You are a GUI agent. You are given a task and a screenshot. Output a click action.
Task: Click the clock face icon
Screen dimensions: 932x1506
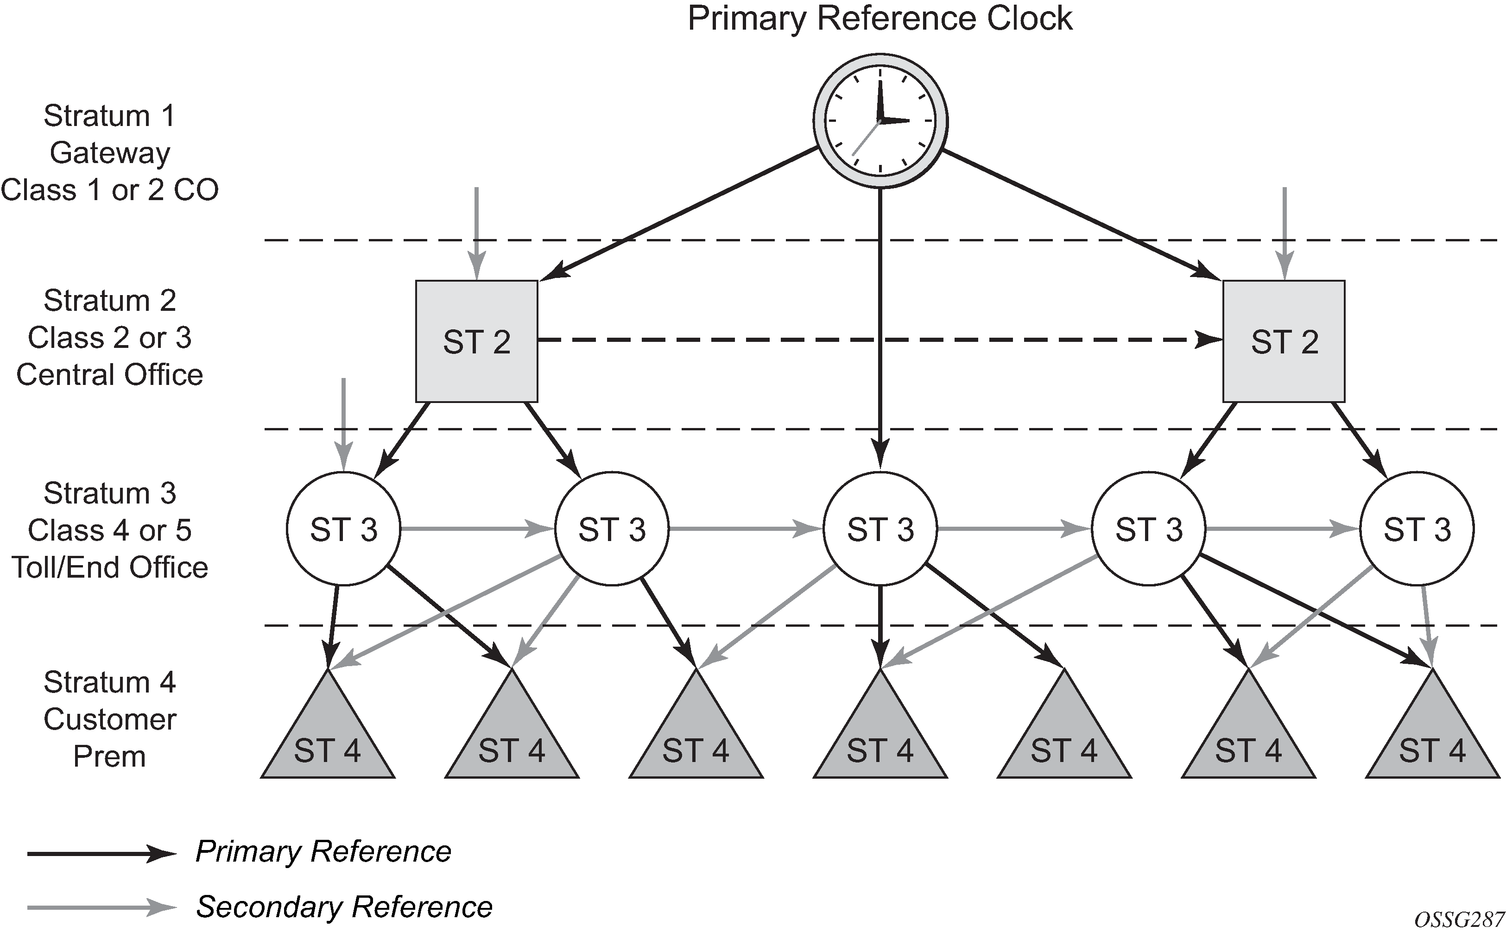pyautogui.click(x=880, y=121)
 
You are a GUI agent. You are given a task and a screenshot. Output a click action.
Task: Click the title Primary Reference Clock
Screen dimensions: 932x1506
pyautogui.click(x=880, y=19)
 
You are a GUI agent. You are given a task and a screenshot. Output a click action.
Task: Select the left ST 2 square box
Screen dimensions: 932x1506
pyautogui.click(x=476, y=341)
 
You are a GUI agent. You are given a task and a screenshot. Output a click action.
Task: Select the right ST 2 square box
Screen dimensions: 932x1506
pyautogui.click(x=1284, y=341)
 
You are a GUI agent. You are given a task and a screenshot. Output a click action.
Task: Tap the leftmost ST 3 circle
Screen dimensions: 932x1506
pyautogui.click(x=343, y=529)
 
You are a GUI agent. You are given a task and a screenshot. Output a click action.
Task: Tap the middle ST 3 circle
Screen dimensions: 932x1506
pyautogui.click(x=880, y=529)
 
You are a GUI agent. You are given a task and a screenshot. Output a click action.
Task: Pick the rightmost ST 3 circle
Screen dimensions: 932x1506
pyautogui.click(x=1417, y=529)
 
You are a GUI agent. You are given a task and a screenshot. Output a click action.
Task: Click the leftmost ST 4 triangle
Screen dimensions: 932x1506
pyautogui.click(x=327, y=740)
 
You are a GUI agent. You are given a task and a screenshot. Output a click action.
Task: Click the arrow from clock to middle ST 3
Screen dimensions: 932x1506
pyautogui.click(x=880, y=321)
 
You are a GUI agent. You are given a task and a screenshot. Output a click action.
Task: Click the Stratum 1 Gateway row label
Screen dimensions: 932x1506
pyautogui.click(x=110, y=153)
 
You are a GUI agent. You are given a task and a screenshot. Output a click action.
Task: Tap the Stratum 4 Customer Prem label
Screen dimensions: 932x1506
pyautogui.click(x=110, y=719)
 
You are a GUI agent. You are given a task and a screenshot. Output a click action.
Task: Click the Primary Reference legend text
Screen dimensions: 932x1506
pyautogui.click(x=323, y=852)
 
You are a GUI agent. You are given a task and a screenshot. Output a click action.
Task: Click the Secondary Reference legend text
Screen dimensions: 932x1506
pyautogui.click(x=344, y=907)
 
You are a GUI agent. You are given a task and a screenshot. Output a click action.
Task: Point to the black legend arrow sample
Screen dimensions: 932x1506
pyautogui.click(x=102, y=854)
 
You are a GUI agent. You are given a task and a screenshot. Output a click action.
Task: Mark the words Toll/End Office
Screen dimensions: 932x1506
pyautogui.click(x=110, y=567)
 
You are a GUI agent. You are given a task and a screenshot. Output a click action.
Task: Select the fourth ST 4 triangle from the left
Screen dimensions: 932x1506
pyautogui.click(x=880, y=740)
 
